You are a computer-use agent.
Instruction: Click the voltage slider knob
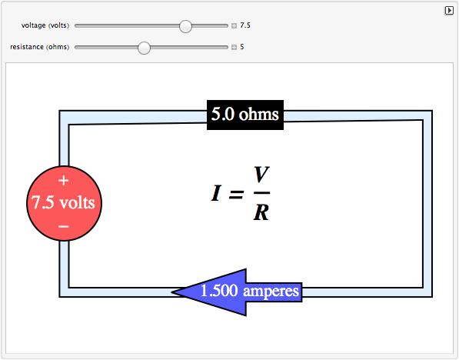185,26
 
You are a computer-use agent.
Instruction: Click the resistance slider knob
144,48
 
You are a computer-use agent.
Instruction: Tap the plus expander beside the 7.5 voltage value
234,26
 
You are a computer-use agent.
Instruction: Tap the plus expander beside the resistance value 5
234,47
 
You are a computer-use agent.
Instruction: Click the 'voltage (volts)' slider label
45,25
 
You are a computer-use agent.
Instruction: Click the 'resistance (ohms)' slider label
39,47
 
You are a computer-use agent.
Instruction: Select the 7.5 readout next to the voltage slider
245,25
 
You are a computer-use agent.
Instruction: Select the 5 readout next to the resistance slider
242,47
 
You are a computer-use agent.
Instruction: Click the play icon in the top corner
449,11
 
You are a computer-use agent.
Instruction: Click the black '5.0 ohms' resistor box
245,115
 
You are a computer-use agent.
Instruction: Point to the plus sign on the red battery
64,181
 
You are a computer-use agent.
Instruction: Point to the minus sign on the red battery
64,226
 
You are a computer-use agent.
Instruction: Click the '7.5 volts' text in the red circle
63,202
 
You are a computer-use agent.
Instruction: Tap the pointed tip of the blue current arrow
171,292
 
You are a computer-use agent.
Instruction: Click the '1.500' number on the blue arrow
219,291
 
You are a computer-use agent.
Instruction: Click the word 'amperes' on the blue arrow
271,292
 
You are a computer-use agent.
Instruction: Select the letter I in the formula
216,193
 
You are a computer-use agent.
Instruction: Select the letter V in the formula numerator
261,174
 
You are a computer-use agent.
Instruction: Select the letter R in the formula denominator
261,212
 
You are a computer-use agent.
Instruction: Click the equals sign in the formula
236,194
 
